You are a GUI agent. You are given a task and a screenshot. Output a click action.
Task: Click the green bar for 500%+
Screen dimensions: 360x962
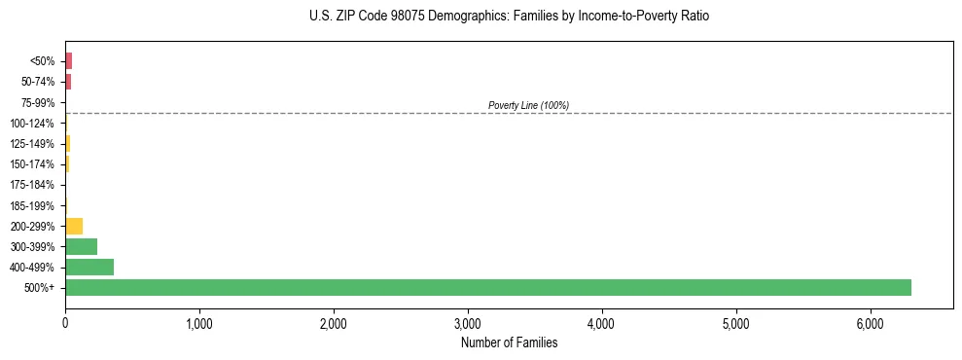point(487,287)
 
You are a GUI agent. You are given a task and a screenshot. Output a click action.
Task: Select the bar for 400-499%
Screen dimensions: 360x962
point(89,267)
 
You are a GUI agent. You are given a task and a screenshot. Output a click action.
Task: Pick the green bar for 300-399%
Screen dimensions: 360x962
point(81,246)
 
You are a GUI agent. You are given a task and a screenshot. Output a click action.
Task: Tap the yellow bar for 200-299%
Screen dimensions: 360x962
point(74,226)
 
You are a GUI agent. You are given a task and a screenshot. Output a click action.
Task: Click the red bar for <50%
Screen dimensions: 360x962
point(68,61)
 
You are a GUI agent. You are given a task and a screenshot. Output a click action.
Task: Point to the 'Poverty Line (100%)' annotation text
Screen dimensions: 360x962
point(528,105)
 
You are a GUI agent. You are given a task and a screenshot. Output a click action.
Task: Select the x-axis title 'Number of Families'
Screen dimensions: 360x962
point(510,342)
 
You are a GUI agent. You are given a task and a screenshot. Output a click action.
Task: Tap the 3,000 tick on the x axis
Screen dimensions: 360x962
point(468,323)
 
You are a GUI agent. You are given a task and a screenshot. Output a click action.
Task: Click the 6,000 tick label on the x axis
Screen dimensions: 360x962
point(871,323)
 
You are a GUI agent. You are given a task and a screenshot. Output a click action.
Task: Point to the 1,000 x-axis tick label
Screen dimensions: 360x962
point(199,323)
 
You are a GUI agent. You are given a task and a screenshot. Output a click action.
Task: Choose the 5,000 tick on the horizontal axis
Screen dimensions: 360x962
point(736,323)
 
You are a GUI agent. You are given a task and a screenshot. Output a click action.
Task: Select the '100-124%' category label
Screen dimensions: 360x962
point(33,124)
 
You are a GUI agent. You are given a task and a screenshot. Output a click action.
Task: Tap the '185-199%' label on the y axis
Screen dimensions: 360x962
point(33,205)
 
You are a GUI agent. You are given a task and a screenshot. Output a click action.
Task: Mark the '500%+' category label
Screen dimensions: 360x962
point(40,288)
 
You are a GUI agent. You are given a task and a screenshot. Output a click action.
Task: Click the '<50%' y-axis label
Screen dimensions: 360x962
point(43,61)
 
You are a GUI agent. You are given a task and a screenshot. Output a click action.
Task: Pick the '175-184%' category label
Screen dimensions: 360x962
point(33,185)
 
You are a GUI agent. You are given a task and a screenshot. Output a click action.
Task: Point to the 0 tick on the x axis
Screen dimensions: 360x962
point(65,323)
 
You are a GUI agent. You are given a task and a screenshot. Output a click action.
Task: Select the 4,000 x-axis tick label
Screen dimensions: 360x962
point(602,323)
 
